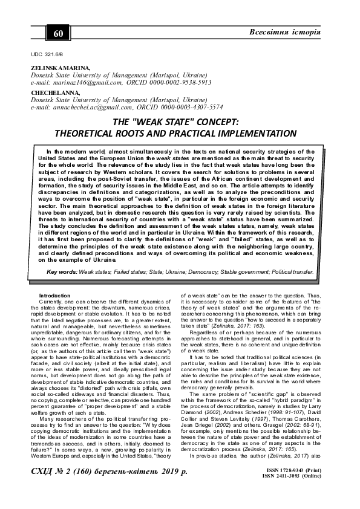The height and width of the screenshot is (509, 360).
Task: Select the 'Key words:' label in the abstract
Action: click(x=65, y=272)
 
